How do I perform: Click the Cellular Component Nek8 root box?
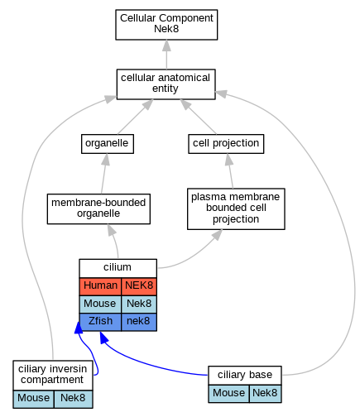point(166,25)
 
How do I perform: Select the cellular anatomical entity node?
point(166,84)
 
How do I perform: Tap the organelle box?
point(108,144)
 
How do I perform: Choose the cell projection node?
point(226,144)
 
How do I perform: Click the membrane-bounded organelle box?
point(98,208)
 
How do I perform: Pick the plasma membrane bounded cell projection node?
point(236,208)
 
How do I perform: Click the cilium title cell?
point(118,268)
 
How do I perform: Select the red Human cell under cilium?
point(100,286)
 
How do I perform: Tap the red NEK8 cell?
point(139,286)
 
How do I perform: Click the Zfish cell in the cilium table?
point(100,322)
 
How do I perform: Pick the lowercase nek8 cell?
point(139,322)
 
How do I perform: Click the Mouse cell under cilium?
point(100,304)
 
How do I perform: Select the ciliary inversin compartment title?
point(53,375)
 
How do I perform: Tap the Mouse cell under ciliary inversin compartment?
point(33,399)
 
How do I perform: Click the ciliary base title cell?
point(245,376)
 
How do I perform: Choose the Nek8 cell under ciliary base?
point(265,394)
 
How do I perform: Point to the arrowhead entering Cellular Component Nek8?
point(166,46)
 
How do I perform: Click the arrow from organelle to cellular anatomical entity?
point(134,117)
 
